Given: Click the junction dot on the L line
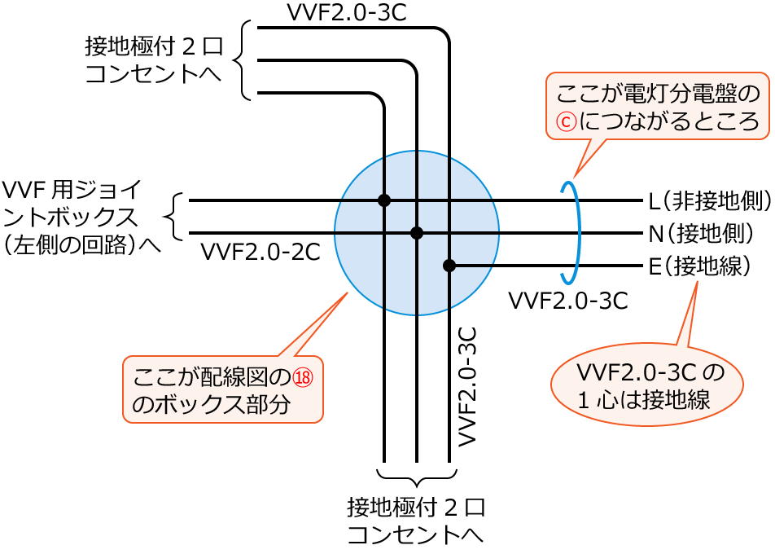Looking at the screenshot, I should [384, 200].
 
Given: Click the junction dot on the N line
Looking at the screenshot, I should [417, 233].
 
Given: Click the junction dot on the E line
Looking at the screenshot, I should [449, 266].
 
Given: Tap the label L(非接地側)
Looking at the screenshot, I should [709, 200].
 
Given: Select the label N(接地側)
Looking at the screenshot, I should [701, 234].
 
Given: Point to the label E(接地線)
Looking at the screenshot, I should [699, 266].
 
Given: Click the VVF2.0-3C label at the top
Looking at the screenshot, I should [346, 12].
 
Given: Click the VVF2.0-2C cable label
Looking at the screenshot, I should [260, 252].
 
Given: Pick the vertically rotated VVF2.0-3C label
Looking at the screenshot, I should [466, 386].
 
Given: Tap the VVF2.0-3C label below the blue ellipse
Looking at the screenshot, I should [567, 301].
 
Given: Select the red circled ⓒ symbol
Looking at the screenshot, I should [566, 121].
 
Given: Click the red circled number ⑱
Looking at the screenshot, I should [303, 378].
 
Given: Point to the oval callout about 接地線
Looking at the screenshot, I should [647, 385].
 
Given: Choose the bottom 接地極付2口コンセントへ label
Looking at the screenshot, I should [416, 521].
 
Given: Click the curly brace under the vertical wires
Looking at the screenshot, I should [417, 477].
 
